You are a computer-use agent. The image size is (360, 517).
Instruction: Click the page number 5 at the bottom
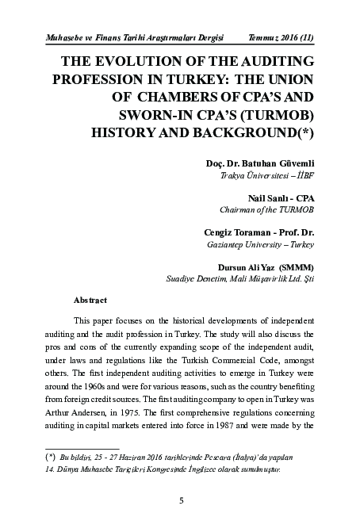(182, 500)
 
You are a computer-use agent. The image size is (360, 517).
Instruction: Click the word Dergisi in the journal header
(205, 36)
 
